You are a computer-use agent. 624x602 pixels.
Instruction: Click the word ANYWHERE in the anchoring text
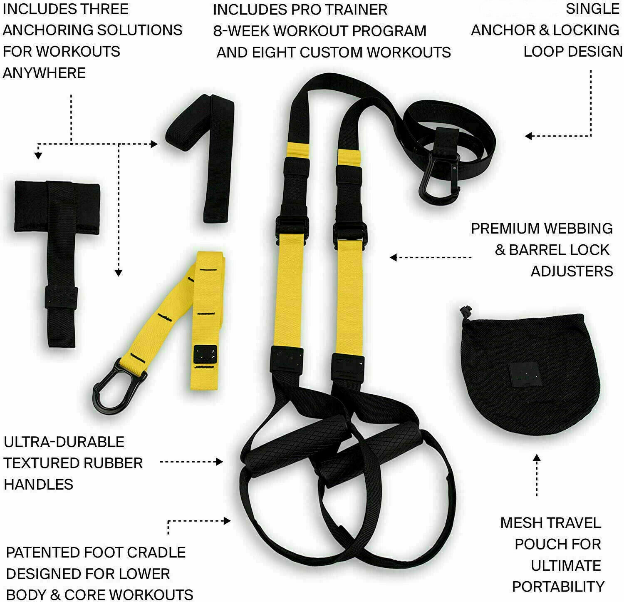click(x=44, y=73)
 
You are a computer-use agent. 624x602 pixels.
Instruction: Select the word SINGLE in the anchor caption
click(x=592, y=9)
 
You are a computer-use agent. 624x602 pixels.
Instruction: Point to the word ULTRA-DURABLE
click(x=64, y=442)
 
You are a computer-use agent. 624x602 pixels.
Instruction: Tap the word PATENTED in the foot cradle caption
click(x=43, y=552)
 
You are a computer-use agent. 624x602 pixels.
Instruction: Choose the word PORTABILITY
click(x=558, y=586)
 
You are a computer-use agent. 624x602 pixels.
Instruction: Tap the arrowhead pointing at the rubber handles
click(x=220, y=462)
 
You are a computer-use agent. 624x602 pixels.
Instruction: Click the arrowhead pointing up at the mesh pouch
click(x=537, y=458)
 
